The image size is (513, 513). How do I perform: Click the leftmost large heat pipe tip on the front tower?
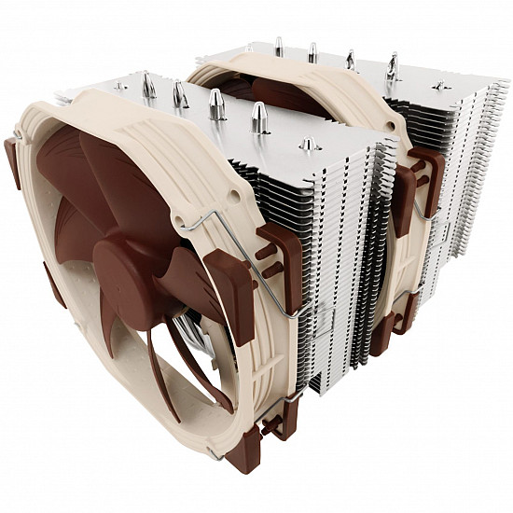click(148, 86)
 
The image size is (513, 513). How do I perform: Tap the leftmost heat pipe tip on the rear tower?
click(278, 46)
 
